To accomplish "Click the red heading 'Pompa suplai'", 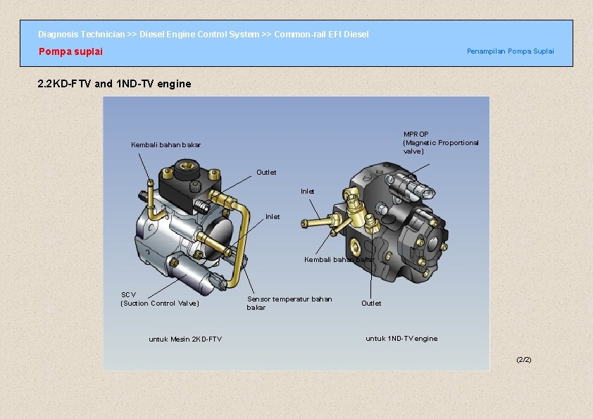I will pyautogui.click(x=70, y=51).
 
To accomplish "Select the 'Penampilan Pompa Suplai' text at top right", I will pyautogui.click(x=510, y=51).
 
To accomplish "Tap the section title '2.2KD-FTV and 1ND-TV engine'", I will pyautogui.click(x=114, y=84).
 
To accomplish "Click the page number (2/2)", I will pyautogui.click(x=524, y=360).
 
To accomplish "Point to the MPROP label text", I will pyautogui.click(x=440, y=142).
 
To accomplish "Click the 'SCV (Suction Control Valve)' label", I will pyautogui.click(x=160, y=299).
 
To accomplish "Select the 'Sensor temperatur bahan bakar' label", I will pyautogui.click(x=289, y=303).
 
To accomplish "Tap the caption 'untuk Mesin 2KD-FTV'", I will pyautogui.click(x=185, y=339).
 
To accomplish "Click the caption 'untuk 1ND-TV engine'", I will pyautogui.click(x=401, y=339).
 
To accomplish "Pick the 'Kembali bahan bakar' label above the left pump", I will pyautogui.click(x=166, y=145).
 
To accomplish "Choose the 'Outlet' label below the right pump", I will pyautogui.click(x=371, y=304).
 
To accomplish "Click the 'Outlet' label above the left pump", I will pyautogui.click(x=266, y=173).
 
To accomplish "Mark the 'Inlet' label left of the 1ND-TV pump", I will pyautogui.click(x=273, y=217).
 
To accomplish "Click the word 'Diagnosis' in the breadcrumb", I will pyautogui.click(x=58, y=35).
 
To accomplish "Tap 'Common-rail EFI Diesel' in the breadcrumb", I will pyautogui.click(x=321, y=35).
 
